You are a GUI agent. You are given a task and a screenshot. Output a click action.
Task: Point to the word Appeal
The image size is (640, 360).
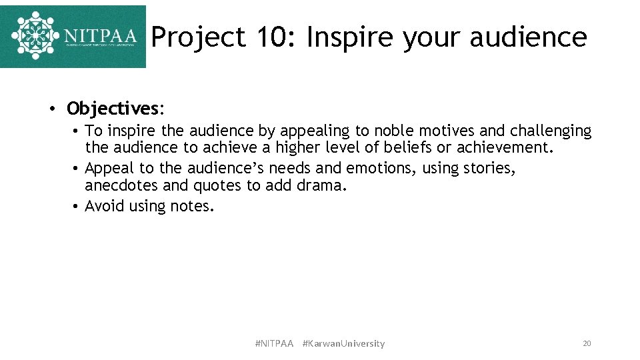[109, 169]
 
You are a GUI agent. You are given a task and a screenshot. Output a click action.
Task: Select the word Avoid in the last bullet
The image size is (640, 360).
[105, 207]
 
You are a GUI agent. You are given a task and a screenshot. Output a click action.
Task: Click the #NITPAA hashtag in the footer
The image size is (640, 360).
[274, 343]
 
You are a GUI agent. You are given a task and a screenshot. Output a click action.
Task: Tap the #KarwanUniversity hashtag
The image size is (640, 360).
[343, 343]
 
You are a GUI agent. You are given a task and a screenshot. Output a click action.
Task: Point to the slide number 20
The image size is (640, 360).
[587, 343]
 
